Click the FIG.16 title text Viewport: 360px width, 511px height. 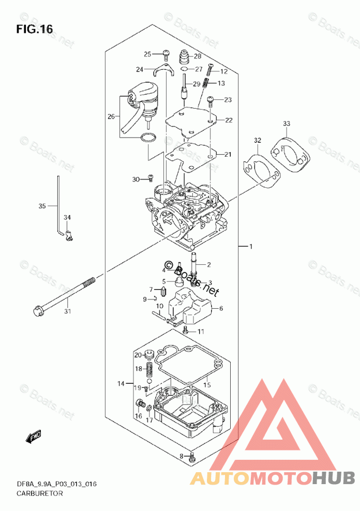(x=35, y=29)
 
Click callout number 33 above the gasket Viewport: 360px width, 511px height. (x=286, y=124)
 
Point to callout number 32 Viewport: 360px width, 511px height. (x=257, y=141)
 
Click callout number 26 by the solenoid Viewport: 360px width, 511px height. (x=111, y=117)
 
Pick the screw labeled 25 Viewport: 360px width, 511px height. (x=166, y=53)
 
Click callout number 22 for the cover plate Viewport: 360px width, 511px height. (x=228, y=120)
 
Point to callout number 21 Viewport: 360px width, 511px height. (x=228, y=154)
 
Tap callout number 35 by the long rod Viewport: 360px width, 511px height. (x=42, y=206)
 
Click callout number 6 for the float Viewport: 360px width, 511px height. (x=221, y=308)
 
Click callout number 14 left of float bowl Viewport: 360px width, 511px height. (x=121, y=384)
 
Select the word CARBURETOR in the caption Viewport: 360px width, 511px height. (x=32, y=493)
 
